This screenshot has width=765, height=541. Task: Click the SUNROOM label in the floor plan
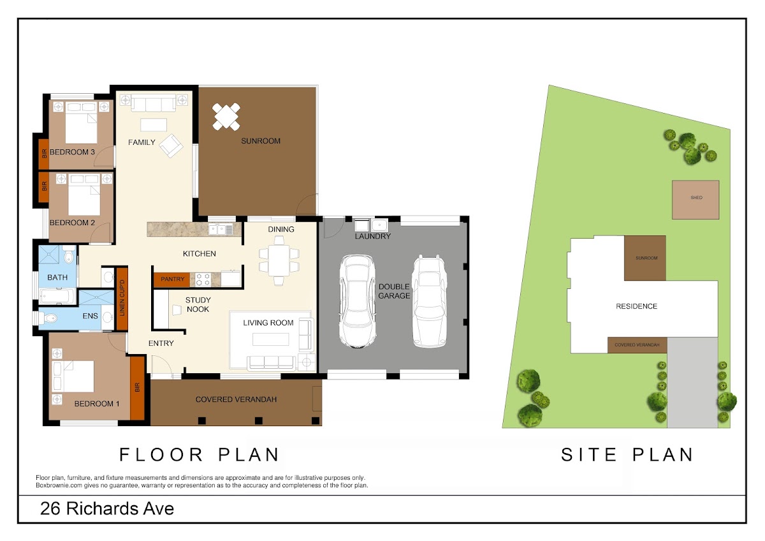pos(261,141)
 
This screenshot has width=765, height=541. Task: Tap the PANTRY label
pos(173,279)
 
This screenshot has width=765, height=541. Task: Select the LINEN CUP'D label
pos(122,298)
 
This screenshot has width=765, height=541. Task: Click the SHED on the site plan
pos(696,200)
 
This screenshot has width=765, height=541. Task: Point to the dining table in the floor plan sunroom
pos(226,117)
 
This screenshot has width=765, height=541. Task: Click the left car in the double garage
pos(358,301)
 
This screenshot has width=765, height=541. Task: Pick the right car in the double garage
pos(430,301)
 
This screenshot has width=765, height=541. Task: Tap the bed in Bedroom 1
pos(73,376)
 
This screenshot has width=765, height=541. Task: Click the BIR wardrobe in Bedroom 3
pos(44,154)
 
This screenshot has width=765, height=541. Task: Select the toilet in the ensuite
pos(48,318)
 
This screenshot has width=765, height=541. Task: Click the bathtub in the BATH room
pos(58,296)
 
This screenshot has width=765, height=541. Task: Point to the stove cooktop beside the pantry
pos(203,279)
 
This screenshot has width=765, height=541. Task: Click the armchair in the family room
pos(171,145)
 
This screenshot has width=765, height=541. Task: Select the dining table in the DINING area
pos(279,260)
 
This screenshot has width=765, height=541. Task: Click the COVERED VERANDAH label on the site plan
pos(637,345)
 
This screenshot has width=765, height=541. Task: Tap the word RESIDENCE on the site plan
pos(637,306)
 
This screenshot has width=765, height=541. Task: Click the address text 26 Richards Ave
pos(107,508)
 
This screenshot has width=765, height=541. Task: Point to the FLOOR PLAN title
pos(200,455)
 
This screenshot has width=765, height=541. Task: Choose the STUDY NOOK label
pos(198,304)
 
